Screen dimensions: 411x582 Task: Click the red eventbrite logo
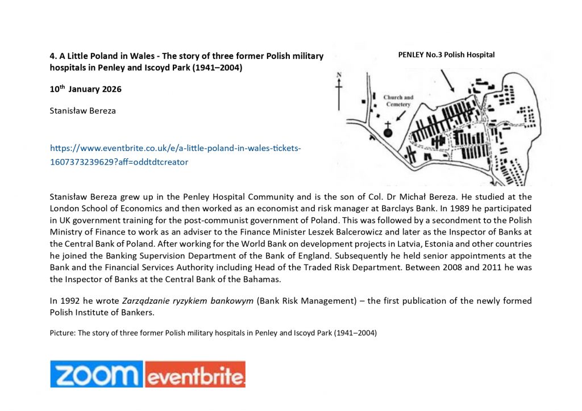click(x=194, y=375)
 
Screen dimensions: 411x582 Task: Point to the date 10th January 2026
click(x=85, y=89)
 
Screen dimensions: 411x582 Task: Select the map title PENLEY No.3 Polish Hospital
click(x=446, y=55)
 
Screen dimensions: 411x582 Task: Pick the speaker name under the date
click(x=83, y=111)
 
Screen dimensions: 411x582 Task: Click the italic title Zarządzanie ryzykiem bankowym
click(x=188, y=301)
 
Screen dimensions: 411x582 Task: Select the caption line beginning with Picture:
click(x=213, y=333)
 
